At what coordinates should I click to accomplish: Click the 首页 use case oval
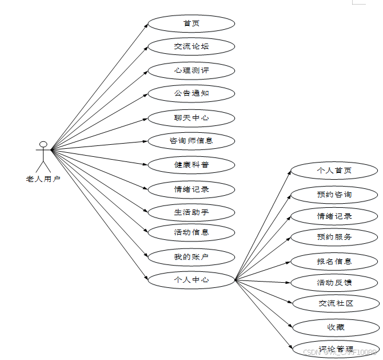(191, 23)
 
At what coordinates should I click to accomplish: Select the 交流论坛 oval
(191, 46)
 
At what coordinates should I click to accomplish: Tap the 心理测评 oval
(191, 71)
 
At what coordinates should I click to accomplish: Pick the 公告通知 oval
(191, 93)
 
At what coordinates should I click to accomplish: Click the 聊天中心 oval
(191, 118)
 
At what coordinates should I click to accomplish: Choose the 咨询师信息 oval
(191, 141)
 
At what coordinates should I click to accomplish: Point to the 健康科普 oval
(191, 165)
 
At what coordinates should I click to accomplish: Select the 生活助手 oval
(191, 212)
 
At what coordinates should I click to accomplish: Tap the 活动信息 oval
(191, 232)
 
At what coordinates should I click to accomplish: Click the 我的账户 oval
(191, 257)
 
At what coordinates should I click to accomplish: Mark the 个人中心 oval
(191, 280)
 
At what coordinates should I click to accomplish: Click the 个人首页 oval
(334, 171)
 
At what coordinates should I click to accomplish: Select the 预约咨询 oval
(334, 195)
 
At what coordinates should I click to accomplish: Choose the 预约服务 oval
(334, 237)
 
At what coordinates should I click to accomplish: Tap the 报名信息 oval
(334, 262)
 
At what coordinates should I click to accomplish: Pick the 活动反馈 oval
(334, 283)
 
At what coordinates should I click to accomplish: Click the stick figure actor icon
(43, 156)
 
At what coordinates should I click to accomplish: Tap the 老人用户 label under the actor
(43, 179)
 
